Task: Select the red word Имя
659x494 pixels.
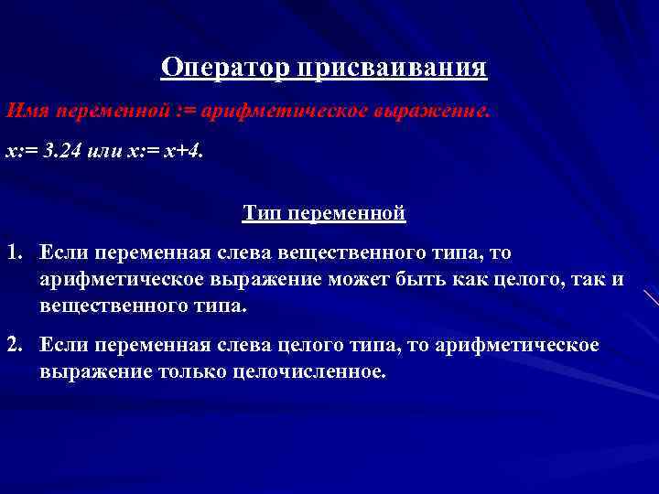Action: coord(23,111)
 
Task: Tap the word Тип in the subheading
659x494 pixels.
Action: coord(263,213)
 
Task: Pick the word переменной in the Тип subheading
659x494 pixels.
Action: coord(348,213)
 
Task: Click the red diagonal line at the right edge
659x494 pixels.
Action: coord(651,297)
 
